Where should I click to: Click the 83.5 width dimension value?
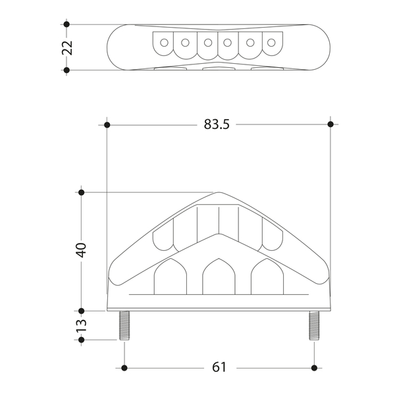point(217,124)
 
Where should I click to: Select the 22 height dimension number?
point(67,47)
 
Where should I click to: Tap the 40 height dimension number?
point(82,250)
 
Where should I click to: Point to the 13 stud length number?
point(82,325)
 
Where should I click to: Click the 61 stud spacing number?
point(219,367)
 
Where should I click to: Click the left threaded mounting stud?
point(124,325)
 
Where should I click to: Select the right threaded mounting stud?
point(314,325)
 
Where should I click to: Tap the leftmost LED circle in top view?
point(164,43)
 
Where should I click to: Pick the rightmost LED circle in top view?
point(271,43)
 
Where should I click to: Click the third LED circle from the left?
point(208,43)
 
